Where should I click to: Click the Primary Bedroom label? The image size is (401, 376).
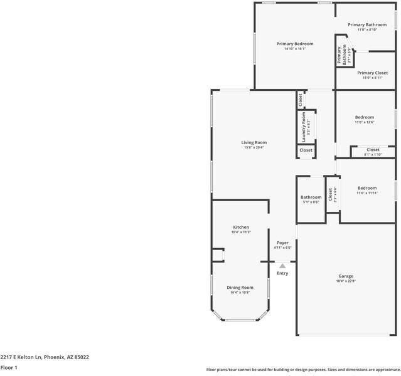(294, 44)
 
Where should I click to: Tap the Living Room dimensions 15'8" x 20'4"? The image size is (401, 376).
(254, 148)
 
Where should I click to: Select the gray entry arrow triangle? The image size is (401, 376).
(282, 266)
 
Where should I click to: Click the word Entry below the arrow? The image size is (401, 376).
(282, 273)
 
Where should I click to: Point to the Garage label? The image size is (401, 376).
(346, 276)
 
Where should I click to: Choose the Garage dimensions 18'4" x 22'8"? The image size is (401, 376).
(346, 281)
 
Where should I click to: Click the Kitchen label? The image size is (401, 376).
(241, 227)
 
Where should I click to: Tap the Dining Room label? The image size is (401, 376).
(240, 287)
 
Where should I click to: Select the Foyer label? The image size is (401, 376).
(282, 243)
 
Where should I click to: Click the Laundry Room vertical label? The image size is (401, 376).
(304, 127)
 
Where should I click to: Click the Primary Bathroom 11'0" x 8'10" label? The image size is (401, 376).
(367, 29)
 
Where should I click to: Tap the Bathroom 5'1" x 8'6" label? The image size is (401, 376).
(311, 202)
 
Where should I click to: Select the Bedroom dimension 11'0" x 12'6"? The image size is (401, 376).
(364, 122)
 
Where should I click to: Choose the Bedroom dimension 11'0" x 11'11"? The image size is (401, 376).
(367, 193)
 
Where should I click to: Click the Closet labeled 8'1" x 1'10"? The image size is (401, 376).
(373, 154)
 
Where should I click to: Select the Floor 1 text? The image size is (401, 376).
(9, 367)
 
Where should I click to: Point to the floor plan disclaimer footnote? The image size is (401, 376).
(303, 369)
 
